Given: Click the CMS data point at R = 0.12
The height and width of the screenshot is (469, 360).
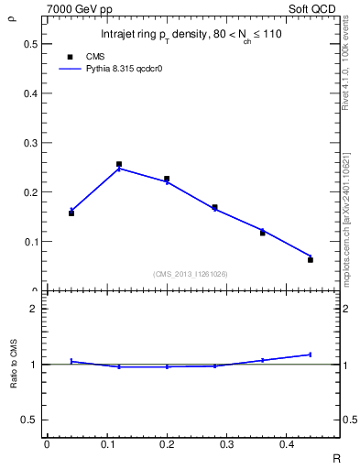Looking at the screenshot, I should coord(119,165).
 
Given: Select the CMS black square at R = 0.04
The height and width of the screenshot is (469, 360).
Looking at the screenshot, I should coord(71,213).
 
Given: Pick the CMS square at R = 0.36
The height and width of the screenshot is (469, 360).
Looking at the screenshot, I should coord(263,233).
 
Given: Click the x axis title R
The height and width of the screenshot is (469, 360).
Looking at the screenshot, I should coord(335,456).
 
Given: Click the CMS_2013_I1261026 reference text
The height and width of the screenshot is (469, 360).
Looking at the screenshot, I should coord(191,274).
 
